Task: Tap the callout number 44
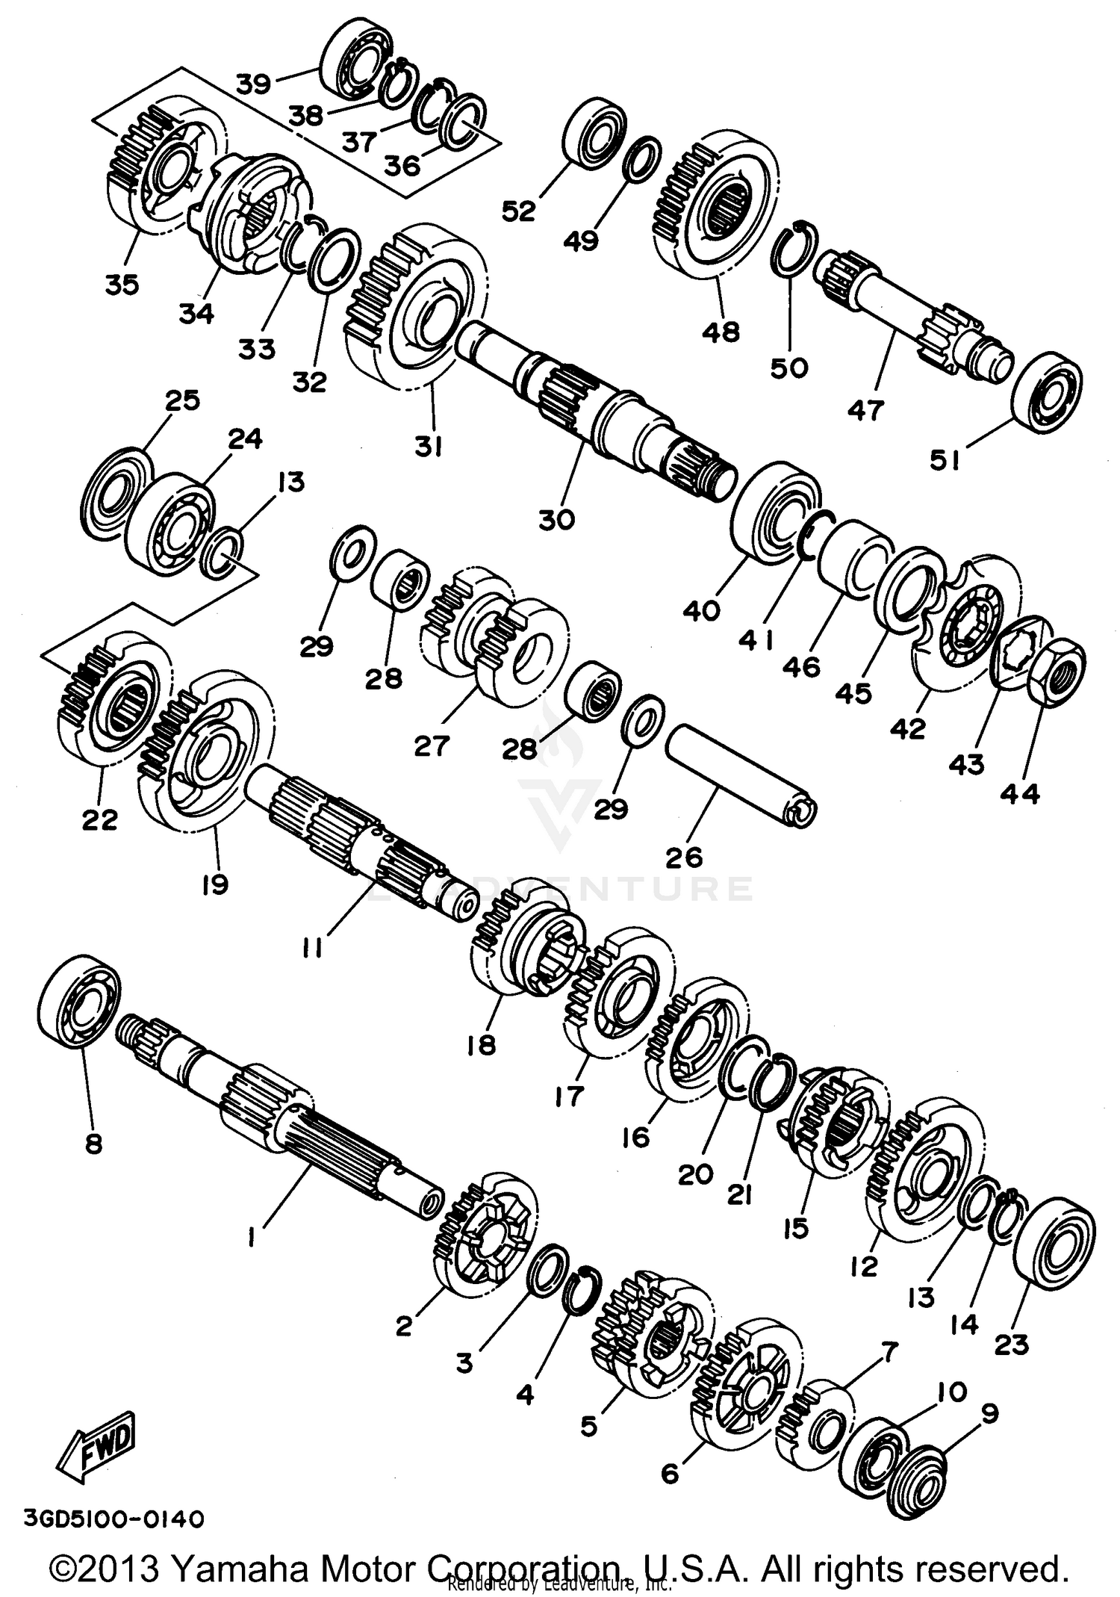1019,793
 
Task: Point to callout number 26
684,856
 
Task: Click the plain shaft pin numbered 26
739,776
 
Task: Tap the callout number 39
253,84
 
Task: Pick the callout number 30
556,519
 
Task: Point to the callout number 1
252,1238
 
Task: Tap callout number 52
518,211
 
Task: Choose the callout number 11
313,949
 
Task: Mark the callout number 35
122,285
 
